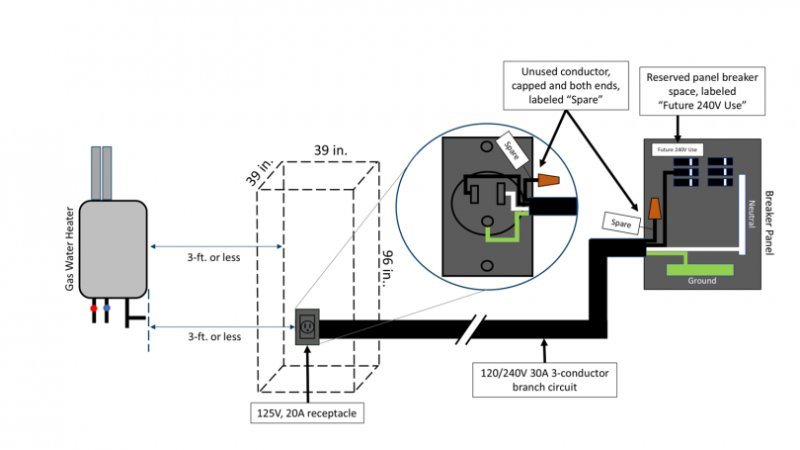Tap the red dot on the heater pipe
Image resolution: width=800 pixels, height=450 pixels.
(94, 309)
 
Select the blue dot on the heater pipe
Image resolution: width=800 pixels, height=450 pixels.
(107, 309)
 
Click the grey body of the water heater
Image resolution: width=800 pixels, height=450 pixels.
(113, 247)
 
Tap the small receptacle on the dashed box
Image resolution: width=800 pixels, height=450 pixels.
(307, 325)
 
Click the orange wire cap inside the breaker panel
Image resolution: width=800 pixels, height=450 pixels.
(656, 209)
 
